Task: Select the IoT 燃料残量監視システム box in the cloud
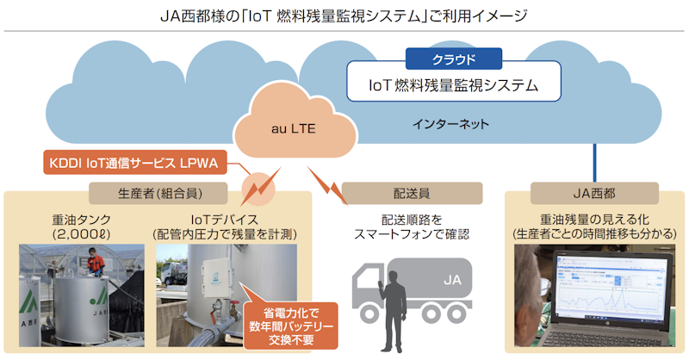coord(453,85)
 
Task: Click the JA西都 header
coord(595,190)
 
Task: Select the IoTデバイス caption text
coord(225,226)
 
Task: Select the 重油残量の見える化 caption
coord(595,226)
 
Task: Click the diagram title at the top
coord(344,16)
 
